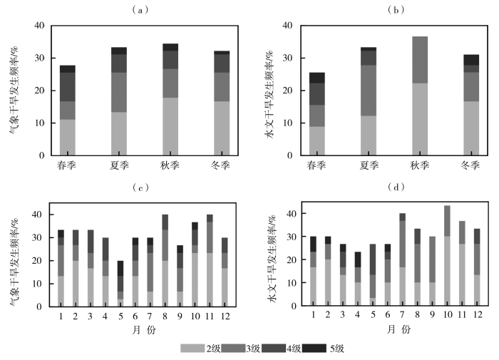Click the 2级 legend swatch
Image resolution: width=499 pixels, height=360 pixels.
192,349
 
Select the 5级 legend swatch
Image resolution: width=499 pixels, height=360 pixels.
316,349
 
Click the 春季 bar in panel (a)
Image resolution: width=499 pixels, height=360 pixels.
68,110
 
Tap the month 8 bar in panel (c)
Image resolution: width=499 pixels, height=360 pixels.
165,260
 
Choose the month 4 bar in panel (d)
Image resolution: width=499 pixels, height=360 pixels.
357,279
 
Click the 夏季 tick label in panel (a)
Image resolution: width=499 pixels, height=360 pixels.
119,165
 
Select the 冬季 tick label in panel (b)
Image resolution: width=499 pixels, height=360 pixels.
470,165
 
